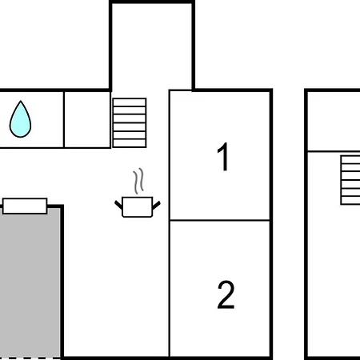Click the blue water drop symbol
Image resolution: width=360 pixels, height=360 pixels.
(x=20, y=119)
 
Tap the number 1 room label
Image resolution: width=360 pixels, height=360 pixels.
(x=223, y=157)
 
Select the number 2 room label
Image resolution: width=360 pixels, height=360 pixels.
(x=226, y=295)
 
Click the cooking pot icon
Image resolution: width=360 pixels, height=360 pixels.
(x=138, y=207)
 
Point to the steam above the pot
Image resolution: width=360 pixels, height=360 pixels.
(x=138, y=181)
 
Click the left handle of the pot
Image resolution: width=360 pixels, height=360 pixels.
(x=118, y=205)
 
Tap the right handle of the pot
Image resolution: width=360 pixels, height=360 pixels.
(x=156, y=205)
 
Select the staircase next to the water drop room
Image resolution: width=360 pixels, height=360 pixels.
(x=130, y=122)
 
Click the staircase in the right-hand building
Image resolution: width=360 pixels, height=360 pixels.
(x=350, y=180)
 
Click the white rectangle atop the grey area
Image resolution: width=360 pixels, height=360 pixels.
(x=25, y=206)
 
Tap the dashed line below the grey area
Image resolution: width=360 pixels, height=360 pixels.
(x=30, y=358)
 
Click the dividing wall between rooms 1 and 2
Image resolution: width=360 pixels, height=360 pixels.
(x=220, y=220)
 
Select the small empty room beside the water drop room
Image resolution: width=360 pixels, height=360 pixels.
(x=87, y=119)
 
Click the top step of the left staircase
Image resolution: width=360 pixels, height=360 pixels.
(x=130, y=102)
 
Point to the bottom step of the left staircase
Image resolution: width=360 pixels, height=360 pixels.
(x=130, y=143)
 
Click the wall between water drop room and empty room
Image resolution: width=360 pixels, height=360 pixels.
(x=64, y=119)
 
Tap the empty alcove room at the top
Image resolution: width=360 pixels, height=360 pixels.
(x=151, y=46)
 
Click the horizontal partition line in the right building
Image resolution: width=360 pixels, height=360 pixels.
(x=334, y=151)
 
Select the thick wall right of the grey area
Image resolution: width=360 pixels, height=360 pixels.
(x=62, y=282)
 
